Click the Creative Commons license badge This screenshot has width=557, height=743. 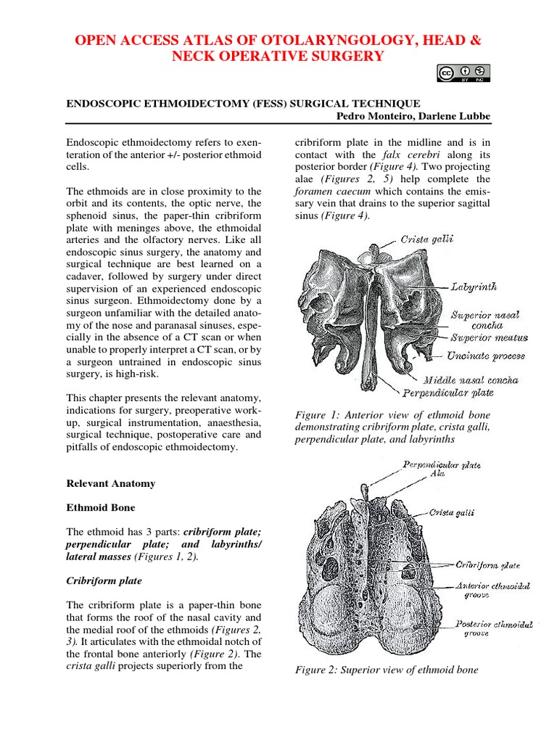463,73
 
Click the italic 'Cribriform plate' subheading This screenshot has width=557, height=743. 104,581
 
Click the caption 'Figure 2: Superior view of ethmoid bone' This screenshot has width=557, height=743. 386,670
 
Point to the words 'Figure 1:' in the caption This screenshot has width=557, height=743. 318,414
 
